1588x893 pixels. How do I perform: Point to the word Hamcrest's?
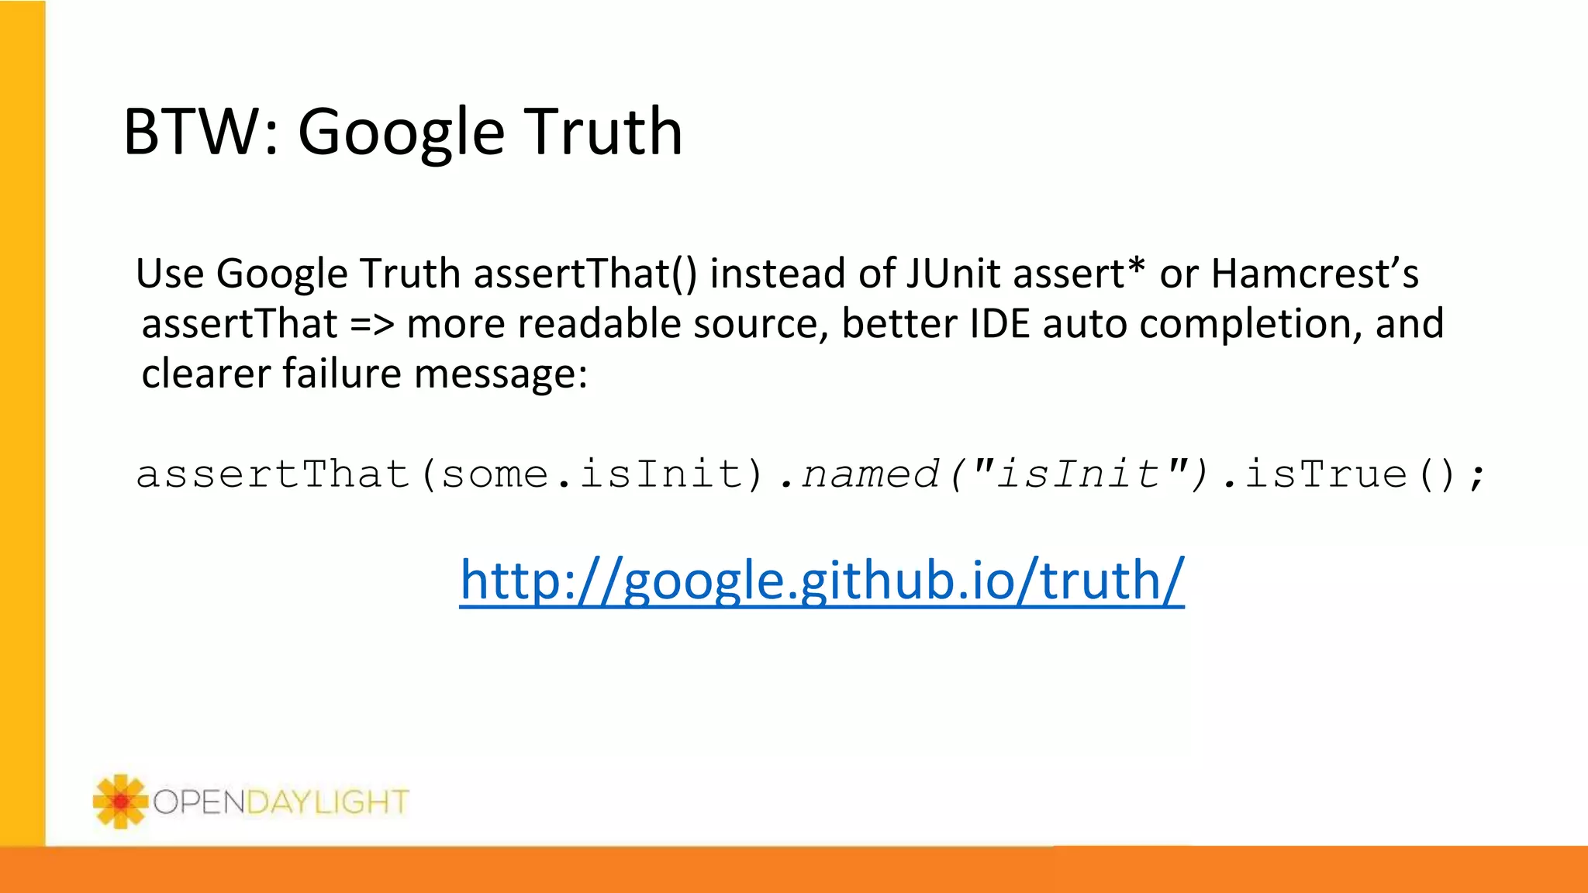(x=1314, y=274)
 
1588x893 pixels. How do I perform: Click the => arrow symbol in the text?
(x=372, y=324)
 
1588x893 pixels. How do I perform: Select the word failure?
(x=342, y=373)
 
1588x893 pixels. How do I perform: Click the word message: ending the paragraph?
(x=501, y=374)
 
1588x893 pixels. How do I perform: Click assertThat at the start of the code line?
(x=273, y=474)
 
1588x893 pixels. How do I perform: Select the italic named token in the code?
(x=870, y=474)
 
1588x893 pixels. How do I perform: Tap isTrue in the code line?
(x=1325, y=474)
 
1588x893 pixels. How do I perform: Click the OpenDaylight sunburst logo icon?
(x=120, y=801)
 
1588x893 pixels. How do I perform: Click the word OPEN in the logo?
(x=199, y=802)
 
